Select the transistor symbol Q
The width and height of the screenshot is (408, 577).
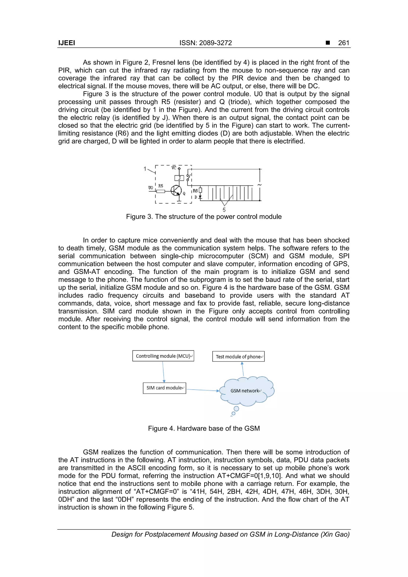pos(176,191)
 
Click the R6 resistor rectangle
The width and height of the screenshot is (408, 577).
pos(200,190)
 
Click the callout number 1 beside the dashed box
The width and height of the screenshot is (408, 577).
pos(145,169)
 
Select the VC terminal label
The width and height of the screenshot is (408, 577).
pos(174,168)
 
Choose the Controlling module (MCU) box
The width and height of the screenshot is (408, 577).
pos(163,356)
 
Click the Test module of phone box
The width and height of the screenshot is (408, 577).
pos(238,356)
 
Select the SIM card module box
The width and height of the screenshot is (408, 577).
pos(164,388)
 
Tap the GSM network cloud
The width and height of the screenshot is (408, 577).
pos(246,391)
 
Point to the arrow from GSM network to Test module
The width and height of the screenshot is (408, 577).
pos(243,369)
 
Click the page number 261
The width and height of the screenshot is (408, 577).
pos(343,43)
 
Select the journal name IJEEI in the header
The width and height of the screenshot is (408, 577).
pos(67,43)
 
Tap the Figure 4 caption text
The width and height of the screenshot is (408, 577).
pos(204,428)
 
